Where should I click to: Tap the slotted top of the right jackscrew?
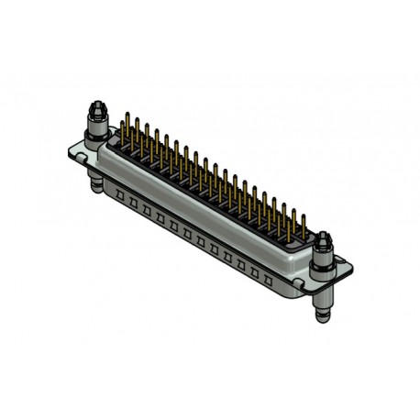(324, 238)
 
